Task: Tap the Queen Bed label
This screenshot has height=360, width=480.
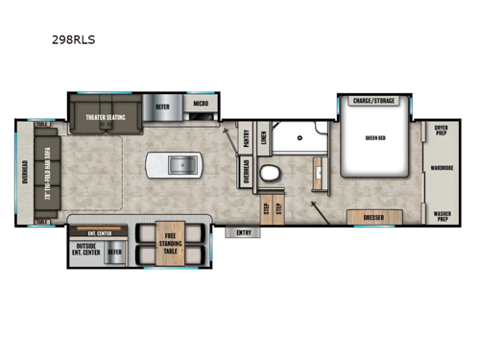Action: point(374,137)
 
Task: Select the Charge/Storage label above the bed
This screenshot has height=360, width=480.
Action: point(374,100)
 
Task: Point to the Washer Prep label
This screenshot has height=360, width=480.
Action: point(441,217)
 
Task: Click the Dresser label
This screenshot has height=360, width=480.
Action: point(374,218)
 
